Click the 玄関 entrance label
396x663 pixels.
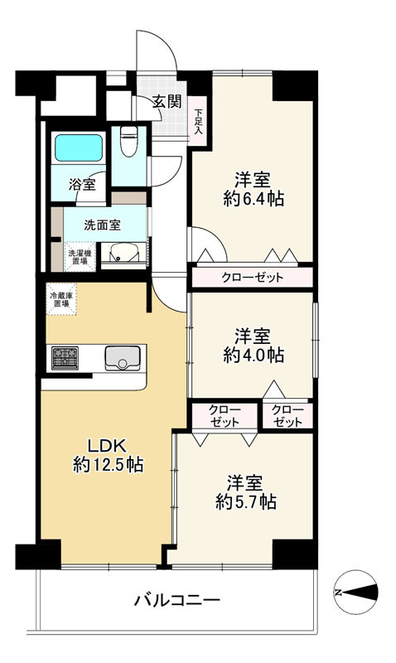[x=167, y=101]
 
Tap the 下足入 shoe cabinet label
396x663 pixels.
[x=198, y=122]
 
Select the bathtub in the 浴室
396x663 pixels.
[x=79, y=148]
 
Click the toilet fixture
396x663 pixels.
[x=128, y=141]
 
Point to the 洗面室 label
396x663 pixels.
[x=102, y=225]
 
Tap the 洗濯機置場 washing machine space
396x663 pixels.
[x=80, y=257]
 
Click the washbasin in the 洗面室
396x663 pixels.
[x=123, y=254]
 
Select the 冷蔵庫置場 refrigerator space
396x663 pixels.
[x=61, y=299]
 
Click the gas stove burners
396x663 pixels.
[x=65, y=358]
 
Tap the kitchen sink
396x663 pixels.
[x=123, y=358]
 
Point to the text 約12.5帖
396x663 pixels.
[x=109, y=465]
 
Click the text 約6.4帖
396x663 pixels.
[x=254, y=198]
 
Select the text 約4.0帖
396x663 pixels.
[x=254, y=355]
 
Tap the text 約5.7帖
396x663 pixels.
[x=246, y=502]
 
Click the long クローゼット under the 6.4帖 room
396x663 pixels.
[x=253, y=278]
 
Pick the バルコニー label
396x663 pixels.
[x=177, y=600]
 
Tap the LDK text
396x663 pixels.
[x=107, y=445]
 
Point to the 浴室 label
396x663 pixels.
[x=82, y=184]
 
